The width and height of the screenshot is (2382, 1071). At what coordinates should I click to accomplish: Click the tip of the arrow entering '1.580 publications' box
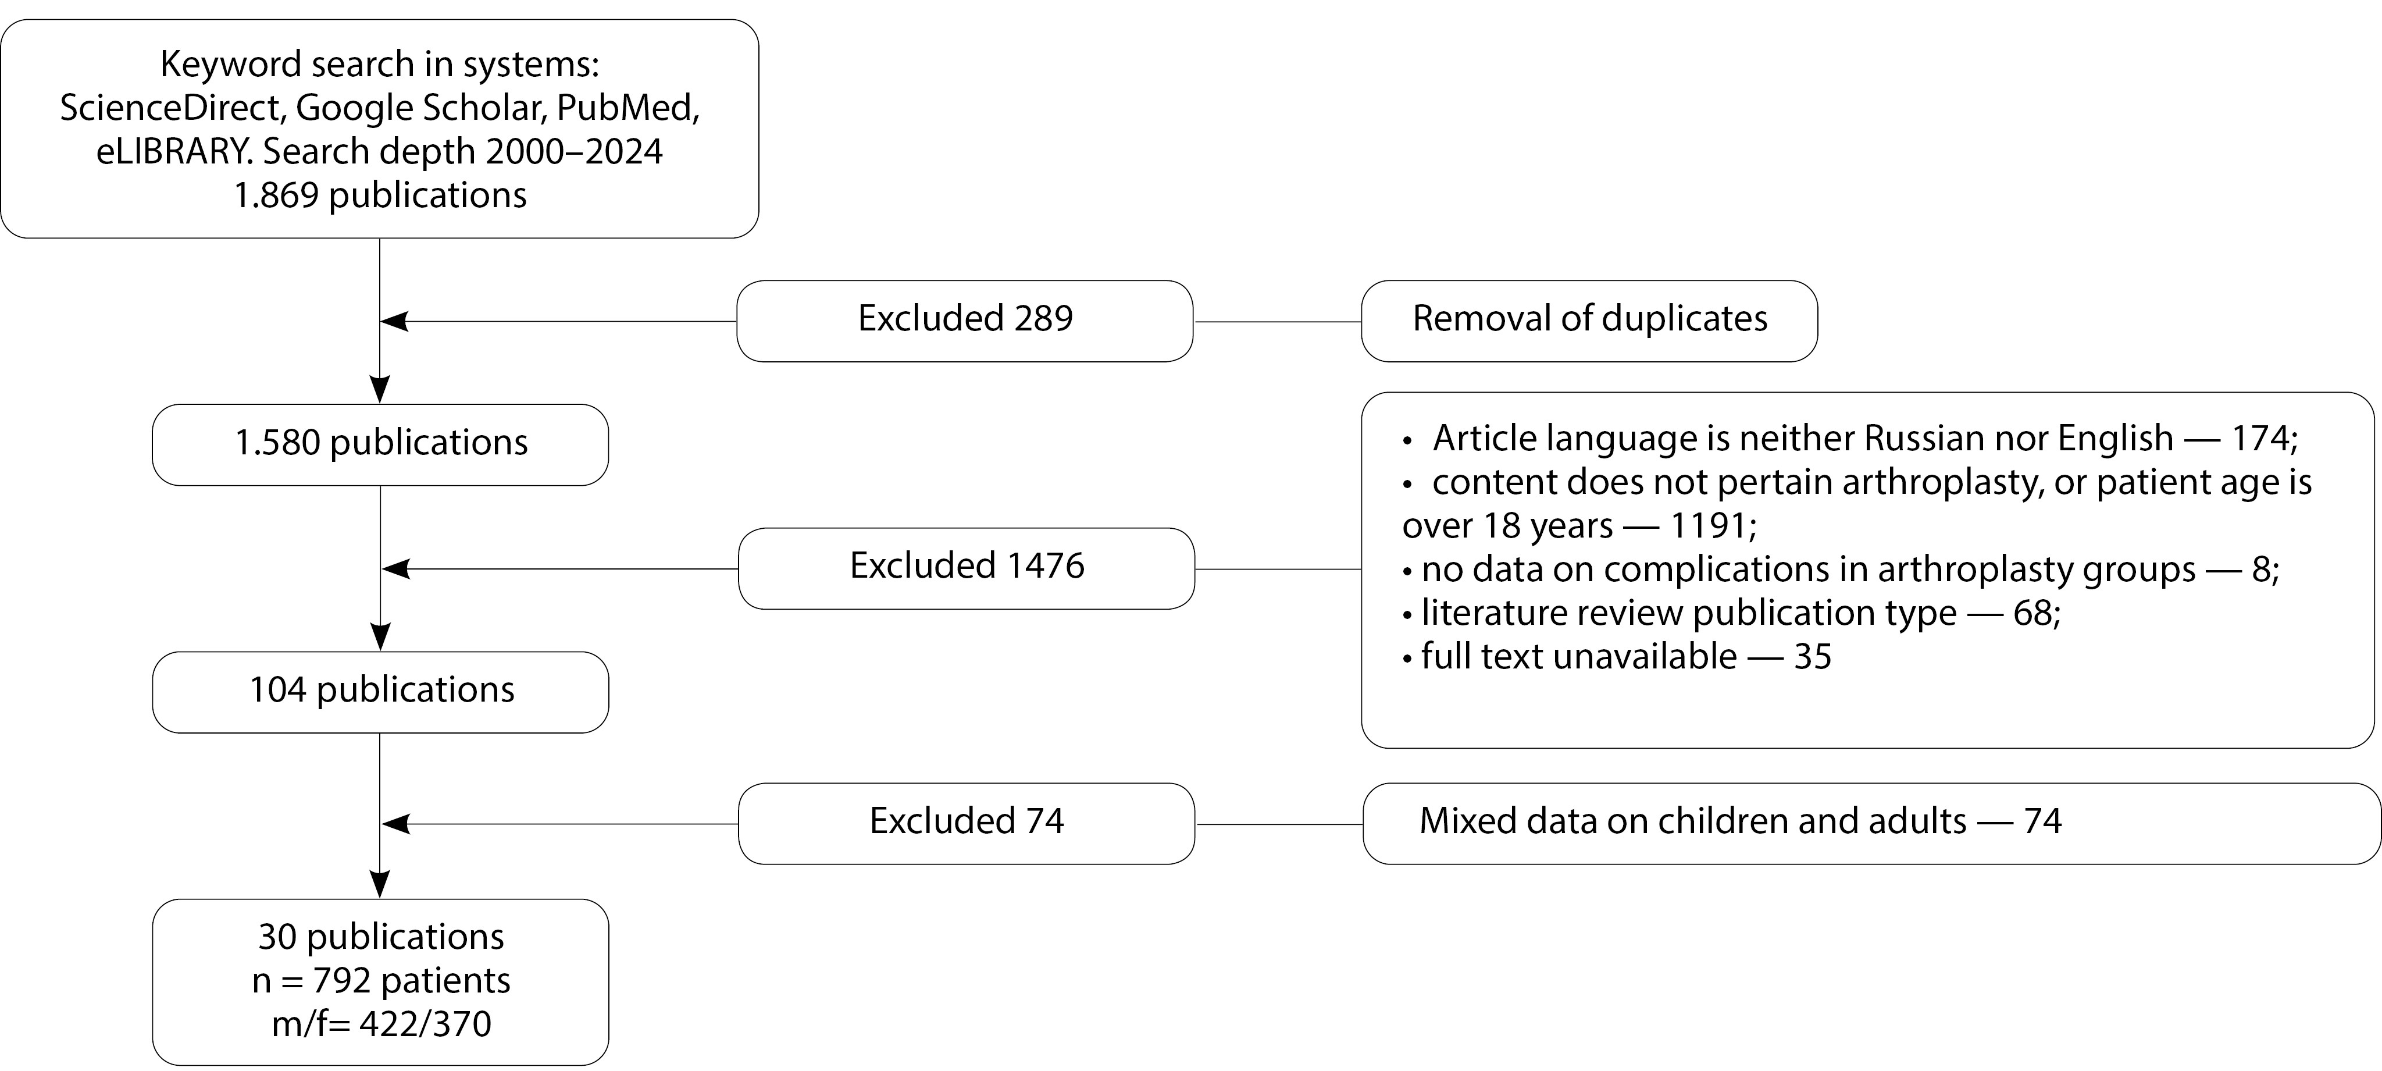[380, 403]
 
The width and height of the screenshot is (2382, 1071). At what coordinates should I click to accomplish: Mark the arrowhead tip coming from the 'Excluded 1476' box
[382, 569]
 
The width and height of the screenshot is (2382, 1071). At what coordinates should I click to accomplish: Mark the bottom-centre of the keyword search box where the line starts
[380, 238]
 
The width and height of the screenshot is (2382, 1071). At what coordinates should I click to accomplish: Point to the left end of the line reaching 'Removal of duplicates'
[1194, 322]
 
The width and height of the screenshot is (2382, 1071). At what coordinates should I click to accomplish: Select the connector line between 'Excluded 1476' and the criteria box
[1278, 569]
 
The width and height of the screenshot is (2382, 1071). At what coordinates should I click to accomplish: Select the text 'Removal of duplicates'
[1589, 318]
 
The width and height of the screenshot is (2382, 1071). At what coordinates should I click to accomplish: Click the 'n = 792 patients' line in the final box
[381, 980]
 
